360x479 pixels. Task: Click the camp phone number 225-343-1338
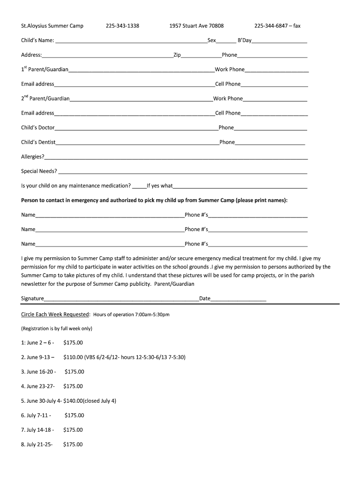[x=122, y=26]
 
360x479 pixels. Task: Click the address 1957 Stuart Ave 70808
[x=196, y=26]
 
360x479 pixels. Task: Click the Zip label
[x=177, y=55]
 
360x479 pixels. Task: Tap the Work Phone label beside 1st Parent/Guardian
[x=230, y=70]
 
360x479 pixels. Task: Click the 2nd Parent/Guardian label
[x=45, y=99]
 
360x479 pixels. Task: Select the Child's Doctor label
[x=38, y=128]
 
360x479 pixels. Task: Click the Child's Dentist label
[x=38, y=142]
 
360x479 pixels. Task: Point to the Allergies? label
[x=33, y=157]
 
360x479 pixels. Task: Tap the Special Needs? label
[x=39, y=171]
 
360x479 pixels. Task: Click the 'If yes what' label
[x=160, y=186]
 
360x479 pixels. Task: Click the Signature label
[x=33, y=298]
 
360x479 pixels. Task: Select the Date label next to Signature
[x=205, y=298]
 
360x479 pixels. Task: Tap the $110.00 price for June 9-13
[x=73, y=357]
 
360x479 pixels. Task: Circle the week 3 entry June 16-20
[x=39, y=372]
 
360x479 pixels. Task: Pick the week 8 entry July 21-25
[x=37, y=444]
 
